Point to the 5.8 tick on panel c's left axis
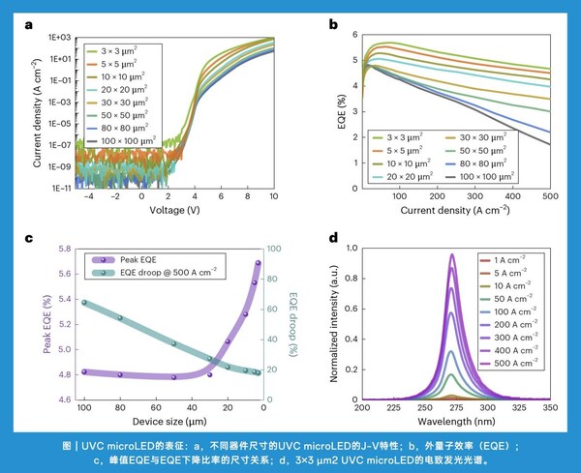pos(67,249)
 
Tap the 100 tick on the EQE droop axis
pos(271,249)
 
